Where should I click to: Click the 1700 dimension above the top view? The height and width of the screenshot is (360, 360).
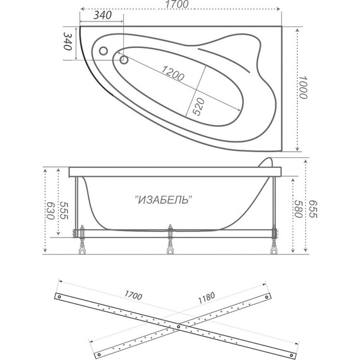pyautogui.click(x=180, y=4)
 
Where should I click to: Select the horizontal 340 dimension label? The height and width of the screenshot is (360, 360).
pyautogui.click(x=102, y=15)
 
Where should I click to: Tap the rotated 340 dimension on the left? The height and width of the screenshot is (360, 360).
pyautogui.click(x=68, y=41)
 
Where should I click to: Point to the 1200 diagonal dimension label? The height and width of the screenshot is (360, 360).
pyautogui.click(x=172, y=73)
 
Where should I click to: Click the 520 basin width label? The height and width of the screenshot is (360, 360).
pyautogui.click(x=198, y=106)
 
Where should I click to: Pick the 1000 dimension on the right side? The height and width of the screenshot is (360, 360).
pyautogui.click(x=303, y=88)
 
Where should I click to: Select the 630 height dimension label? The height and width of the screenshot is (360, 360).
pyautogui.click(x=51, y=211)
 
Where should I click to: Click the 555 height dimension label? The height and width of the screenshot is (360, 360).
pyautogui.click(x=64, y=211)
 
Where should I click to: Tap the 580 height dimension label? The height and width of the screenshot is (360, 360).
pyautogui.click(x=299, y=209)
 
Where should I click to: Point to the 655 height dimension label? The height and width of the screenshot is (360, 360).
pyautogui.click(x=313, y=209)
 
